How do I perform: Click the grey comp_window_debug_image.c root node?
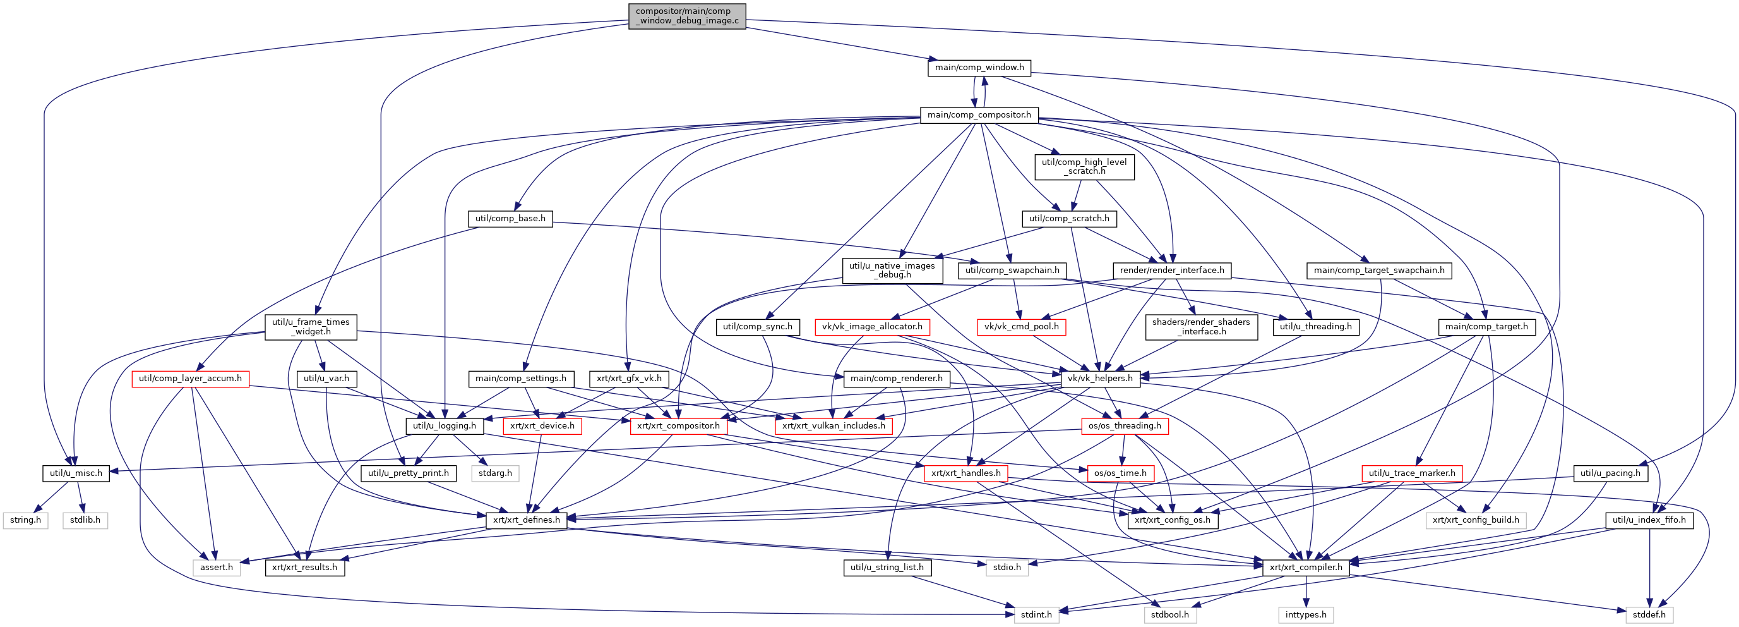[686, 16]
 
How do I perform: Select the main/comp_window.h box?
[979, 68]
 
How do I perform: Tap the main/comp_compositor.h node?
[979, 115]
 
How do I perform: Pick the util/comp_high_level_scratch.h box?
[1084, 167]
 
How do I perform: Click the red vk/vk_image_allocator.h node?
[872, 327]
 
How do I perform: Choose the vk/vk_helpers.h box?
[1100, 379]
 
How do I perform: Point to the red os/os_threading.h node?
[1125, 425]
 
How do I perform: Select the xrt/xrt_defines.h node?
[527, 520]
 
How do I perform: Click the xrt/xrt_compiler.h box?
[1306, 568]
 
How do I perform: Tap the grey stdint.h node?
[1036, 615]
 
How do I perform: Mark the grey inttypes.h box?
[1306, 615]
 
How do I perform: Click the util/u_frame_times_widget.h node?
[311, 327]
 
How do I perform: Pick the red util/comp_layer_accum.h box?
[190, 379]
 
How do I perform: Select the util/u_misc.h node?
[76, 473]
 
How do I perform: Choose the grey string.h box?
[26, 520]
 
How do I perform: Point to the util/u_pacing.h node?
[1610, 473]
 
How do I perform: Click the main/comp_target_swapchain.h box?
[1379, 271]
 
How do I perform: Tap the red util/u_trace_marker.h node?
[1413, 473]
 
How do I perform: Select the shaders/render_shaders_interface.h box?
[1201, 327]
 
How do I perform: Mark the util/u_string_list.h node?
[887, 568]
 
